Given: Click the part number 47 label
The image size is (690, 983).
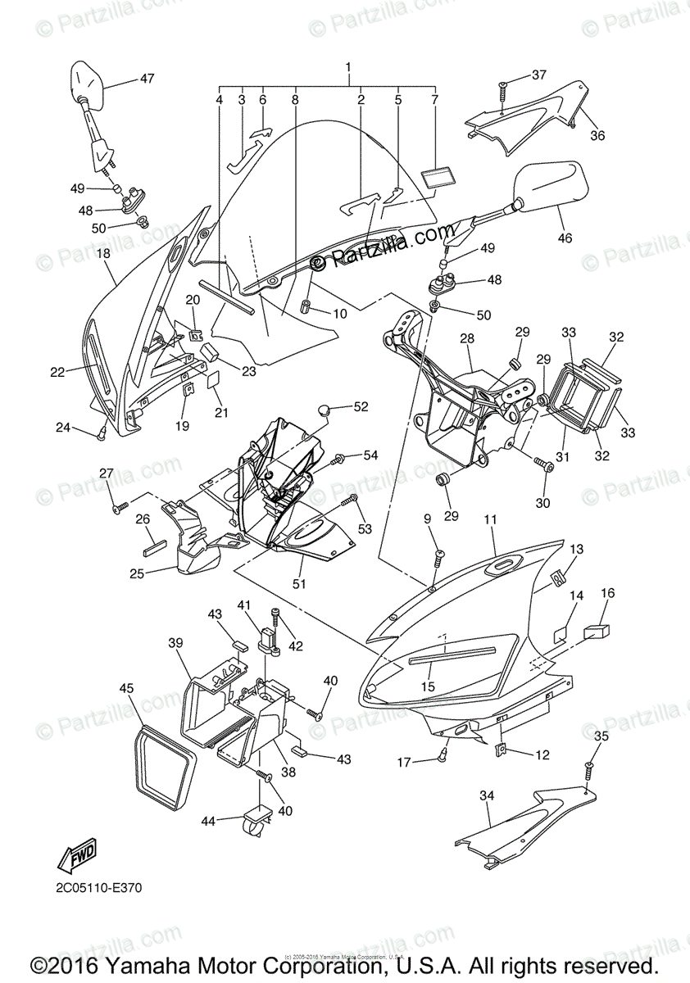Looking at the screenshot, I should [x=147, y=79].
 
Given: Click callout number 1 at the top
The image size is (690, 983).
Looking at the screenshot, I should [x=348, y=66].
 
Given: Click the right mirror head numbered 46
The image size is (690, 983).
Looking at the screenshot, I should [x=550, y=184].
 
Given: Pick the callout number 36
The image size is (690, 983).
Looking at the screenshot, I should [x=597, y=135].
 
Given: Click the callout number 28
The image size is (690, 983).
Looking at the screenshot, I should [x=466, y=338].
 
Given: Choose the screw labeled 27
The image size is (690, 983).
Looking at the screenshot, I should [x=117, y=509].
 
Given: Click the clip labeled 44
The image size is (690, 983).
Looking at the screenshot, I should [x=256, y=821].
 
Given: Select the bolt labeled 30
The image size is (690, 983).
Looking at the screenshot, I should [x=542, y=465].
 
